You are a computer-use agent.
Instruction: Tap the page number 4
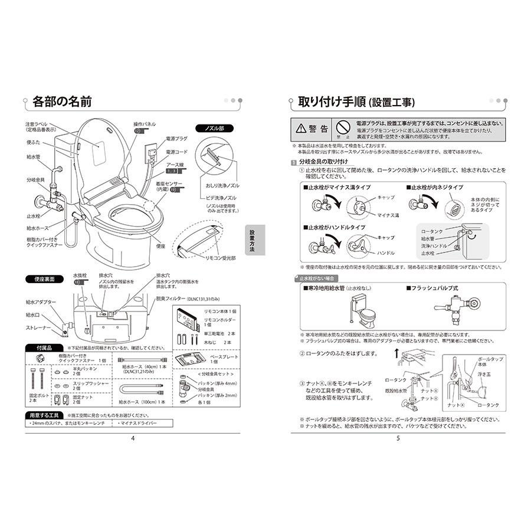click(133, 437)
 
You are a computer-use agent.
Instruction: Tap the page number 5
click(398, 437)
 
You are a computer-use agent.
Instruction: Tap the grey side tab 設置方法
click(253, 240)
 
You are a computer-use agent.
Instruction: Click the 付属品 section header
click(44, 348)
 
